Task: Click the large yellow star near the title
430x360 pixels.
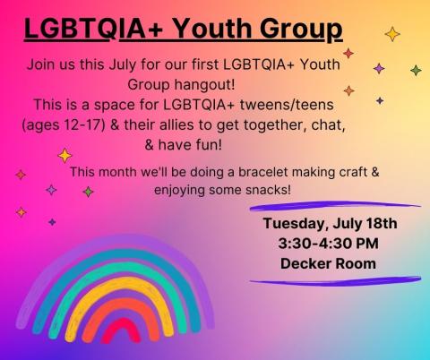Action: coord(391,34)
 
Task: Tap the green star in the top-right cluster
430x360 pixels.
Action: coord(416,70)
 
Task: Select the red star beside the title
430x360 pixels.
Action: coord(348,53)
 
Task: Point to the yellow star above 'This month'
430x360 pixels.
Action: coord(64,155)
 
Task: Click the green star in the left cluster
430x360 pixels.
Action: coord(88,192)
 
